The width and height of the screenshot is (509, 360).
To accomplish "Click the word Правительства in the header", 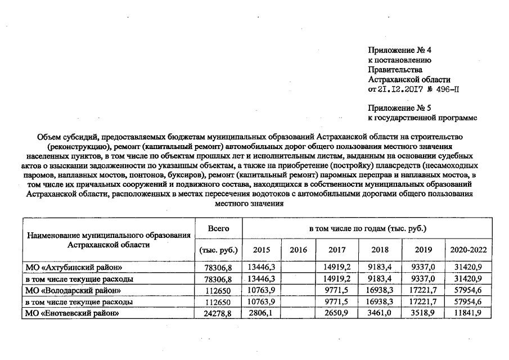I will (394, 69).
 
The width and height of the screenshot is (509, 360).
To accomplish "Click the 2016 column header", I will (298, 250).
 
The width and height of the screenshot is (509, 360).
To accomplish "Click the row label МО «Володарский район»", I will (74, 290).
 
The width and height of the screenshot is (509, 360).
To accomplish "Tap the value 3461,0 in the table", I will (381, 313).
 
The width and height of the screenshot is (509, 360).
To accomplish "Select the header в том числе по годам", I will (367, 229).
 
